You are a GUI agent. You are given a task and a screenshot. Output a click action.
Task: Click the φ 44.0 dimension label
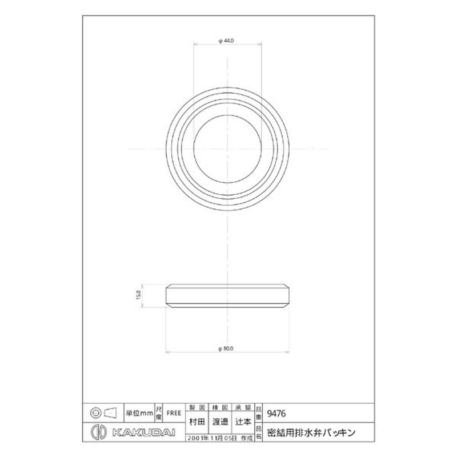(227, 40)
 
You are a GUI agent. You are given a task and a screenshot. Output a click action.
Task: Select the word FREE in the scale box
(174, 412)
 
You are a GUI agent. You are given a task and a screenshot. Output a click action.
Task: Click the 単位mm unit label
(139, 412)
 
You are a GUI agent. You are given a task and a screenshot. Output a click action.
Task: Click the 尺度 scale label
(158, 412)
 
